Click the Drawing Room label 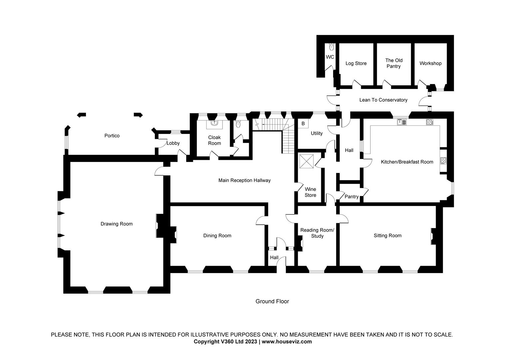(x=117, y=224)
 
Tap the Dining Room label (x=217, y=236)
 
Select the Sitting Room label (x=387, y=236)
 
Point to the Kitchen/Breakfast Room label (x=407, y=162)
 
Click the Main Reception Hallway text (x=244, y=180)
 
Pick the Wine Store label (x=310, y=192)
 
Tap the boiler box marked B (x=303, y=124)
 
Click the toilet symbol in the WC (x=331, y=47)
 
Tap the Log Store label (x=356, y=63)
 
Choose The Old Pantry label (x=394, y=63)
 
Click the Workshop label (x=430, y=63)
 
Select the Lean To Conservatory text (x=383, y=100)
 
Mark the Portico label (x=112, y=136)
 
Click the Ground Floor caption (x=272, y=301)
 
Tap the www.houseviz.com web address (x=287, y=342)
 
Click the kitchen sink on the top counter (x=402, y=122)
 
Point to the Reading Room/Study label (x=317, y=233)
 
